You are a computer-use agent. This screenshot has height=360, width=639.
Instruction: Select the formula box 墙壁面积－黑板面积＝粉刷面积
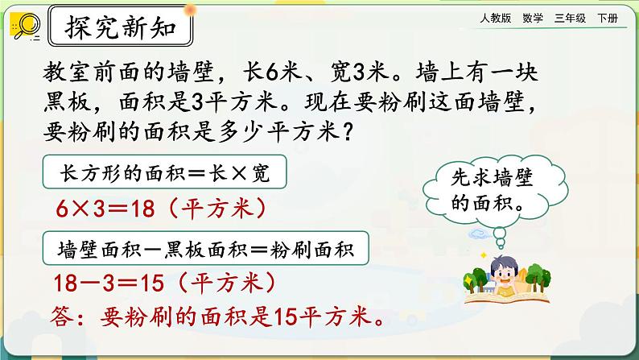pyautogui.click(x=205, y=248)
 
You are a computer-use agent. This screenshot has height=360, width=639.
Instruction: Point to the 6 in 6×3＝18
pyautogui.click(x=62, y=209)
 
